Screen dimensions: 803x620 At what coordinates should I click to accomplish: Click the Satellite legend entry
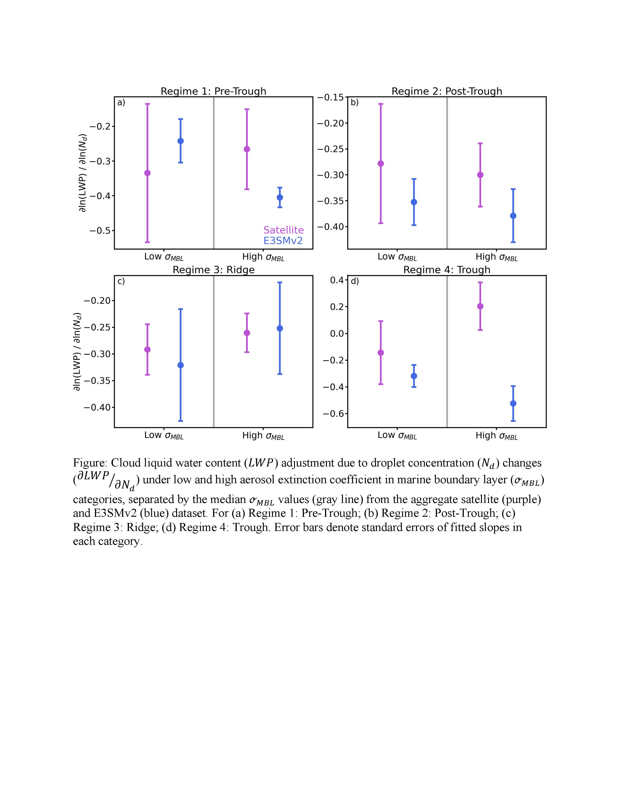point(283,230)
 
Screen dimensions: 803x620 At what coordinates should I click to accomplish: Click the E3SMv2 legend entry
point(283,241)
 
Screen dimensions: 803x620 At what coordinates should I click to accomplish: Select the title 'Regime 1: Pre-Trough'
point(213,91)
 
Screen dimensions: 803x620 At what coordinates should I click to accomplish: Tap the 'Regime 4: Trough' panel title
point(447,270)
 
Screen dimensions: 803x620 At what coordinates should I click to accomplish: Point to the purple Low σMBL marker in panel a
point(147,173)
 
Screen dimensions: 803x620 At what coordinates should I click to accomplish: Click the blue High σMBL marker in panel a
point(280,197)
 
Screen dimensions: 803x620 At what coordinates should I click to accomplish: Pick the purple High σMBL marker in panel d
point(480,306)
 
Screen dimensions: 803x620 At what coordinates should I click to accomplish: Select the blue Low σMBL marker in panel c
point(180,365)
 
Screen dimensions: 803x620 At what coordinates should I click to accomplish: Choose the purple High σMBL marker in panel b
point(480,175)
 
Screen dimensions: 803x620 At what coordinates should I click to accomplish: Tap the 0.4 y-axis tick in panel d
point(336,280)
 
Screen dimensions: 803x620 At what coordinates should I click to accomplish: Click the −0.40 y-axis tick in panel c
point(97,407)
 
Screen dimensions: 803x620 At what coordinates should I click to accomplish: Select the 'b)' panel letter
point(354,103)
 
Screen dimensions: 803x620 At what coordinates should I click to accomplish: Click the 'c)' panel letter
point(121,281)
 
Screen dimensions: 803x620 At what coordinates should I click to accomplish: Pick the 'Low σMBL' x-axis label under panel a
point(164,257)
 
